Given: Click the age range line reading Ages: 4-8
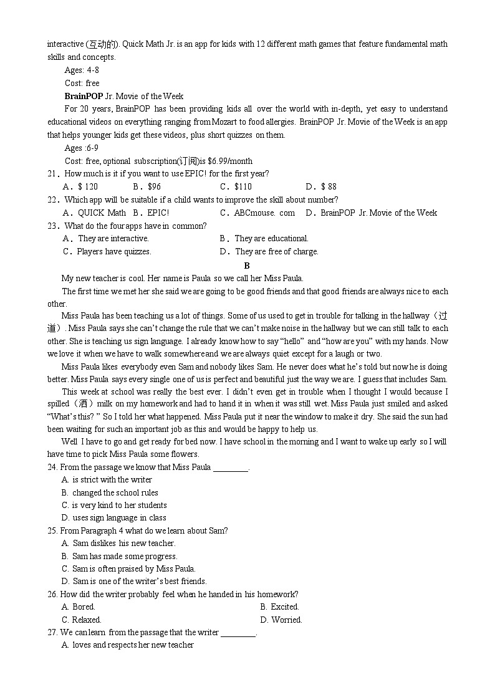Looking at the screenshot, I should [x=82, y=70].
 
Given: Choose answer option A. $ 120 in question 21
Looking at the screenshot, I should [x=80, y=186].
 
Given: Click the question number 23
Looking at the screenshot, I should [x=52, y=226].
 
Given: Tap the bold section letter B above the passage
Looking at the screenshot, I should [x=247, y=266].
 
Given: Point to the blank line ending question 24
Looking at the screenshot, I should [x=231, y=467].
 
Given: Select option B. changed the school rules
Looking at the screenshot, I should [x=110, y=492].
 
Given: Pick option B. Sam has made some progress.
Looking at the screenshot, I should [x=119, y=556].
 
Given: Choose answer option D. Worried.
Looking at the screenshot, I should [x=281, y=620].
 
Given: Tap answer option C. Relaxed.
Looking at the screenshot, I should [x=81, y=620].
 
